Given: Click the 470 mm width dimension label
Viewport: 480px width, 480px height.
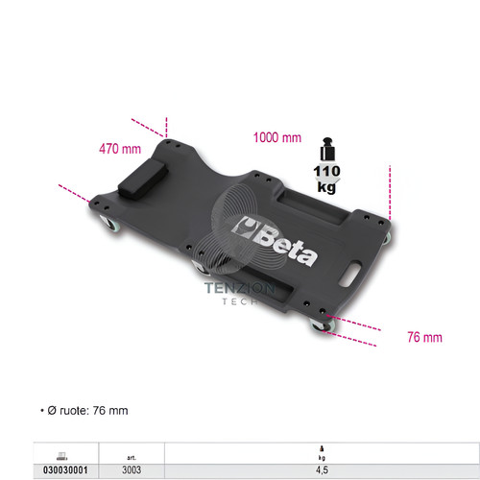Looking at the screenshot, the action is [120, 149].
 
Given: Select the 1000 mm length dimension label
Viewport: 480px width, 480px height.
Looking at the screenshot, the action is [277, 137].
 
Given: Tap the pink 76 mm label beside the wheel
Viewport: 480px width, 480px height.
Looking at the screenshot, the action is [424, 337].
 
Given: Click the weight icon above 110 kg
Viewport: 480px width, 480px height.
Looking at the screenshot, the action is [327, 149].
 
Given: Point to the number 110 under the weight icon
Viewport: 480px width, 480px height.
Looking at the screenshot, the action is [326, 171].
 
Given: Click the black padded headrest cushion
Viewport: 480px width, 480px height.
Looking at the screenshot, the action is [143, 180].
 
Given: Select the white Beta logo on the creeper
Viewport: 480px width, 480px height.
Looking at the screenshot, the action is [276, 241].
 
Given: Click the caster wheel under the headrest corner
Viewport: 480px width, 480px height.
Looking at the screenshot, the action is [108, 223].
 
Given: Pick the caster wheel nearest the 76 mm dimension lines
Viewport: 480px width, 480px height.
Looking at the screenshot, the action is [323, 324].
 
